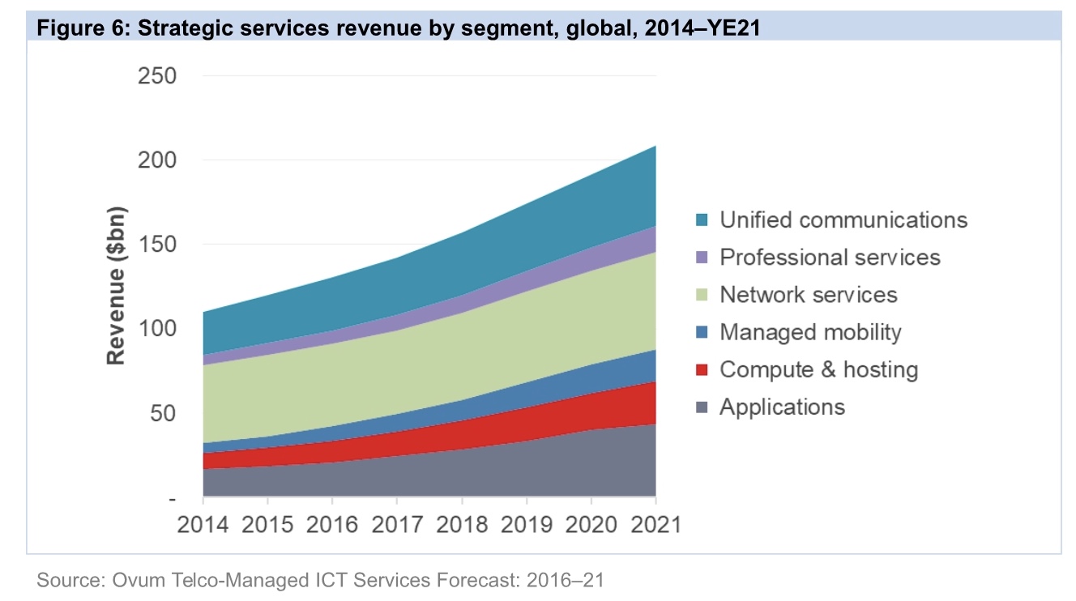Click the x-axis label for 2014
tap(203, 523)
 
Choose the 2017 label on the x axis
tap(397, 523)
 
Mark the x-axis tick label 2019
tap(527, 523)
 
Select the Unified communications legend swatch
tap(702, 220)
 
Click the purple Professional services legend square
tap(702, 258)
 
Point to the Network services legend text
tap(809, 295)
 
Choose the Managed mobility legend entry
tap(810, 332)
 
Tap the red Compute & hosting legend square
tap(702, 370)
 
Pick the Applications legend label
tap(782, 407)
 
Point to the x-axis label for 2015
tap(267, 523)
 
